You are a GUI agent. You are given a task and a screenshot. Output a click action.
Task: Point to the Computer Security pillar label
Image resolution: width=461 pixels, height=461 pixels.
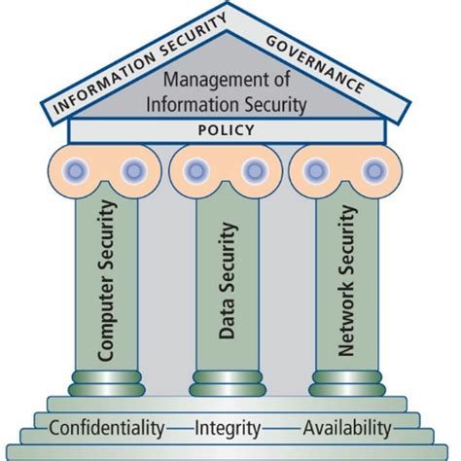click(107, 283)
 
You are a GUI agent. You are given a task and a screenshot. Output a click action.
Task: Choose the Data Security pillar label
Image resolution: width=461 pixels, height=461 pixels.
click(229, 282)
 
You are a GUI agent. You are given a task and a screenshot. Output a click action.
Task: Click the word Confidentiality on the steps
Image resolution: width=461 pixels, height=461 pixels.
click(106, 427)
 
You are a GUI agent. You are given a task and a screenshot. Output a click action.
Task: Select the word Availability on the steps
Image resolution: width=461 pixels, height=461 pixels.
click(347, 427)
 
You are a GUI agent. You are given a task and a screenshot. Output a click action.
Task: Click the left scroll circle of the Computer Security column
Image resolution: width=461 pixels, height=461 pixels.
click(77, 171)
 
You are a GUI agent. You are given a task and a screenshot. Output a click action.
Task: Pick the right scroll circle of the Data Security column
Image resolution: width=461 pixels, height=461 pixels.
click(255, 171)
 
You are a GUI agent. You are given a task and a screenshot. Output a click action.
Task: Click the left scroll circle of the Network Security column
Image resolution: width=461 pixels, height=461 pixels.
click(316, 171)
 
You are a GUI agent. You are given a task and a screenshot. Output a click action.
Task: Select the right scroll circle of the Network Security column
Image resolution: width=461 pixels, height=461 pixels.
click(374, 171)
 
